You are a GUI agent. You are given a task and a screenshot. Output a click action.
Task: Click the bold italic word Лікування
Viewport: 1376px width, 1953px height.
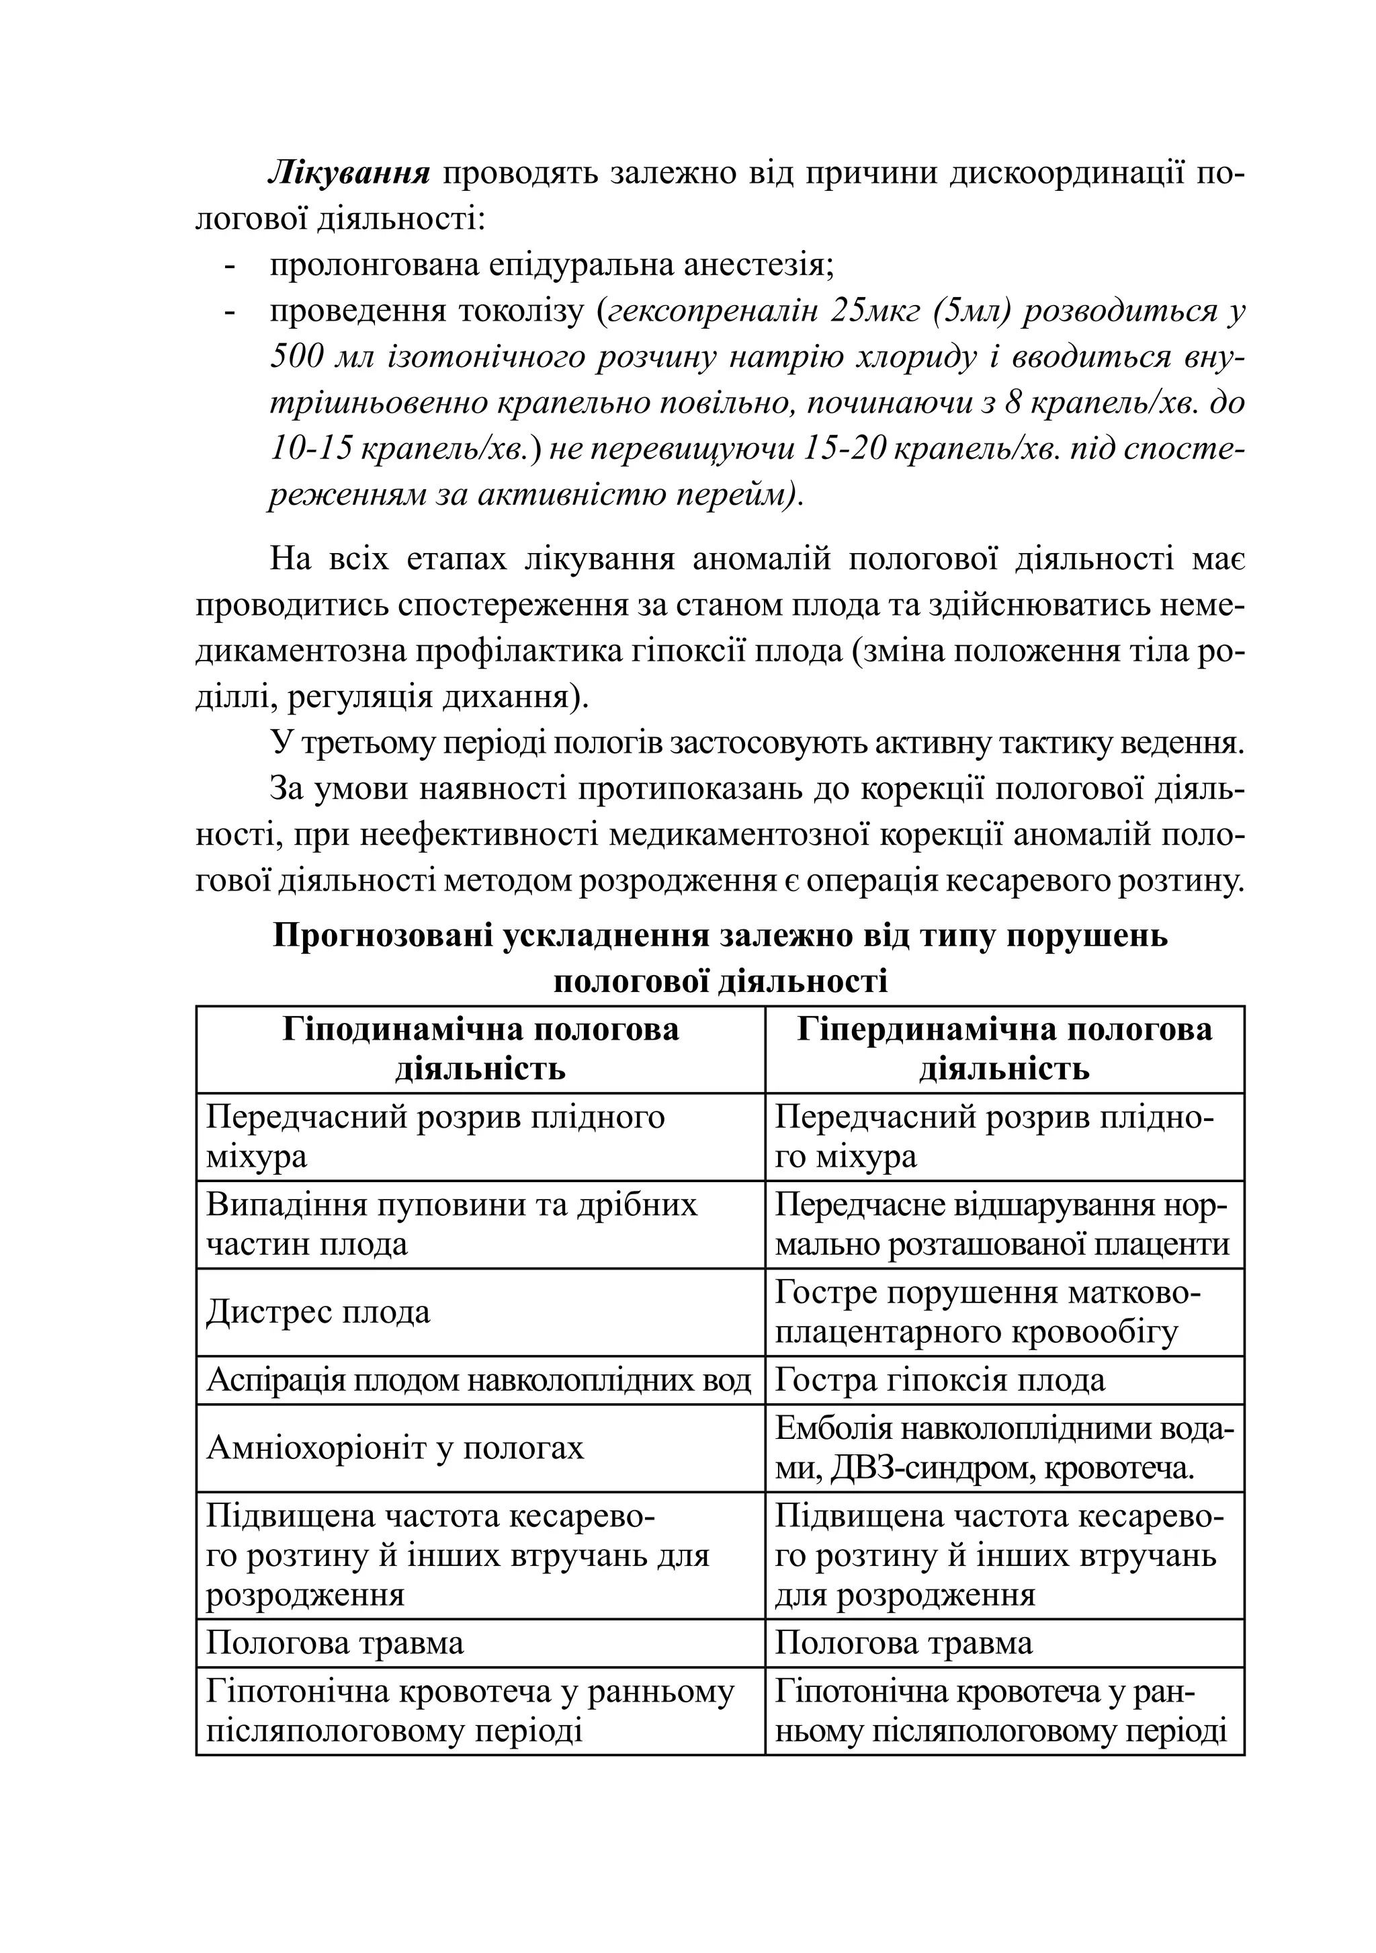coord(348,173)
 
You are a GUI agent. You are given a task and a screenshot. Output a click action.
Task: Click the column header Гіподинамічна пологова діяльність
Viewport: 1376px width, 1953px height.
coord(480,1049)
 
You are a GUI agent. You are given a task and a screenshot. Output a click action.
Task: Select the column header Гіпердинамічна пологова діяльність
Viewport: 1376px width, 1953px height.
coord(1004,1049)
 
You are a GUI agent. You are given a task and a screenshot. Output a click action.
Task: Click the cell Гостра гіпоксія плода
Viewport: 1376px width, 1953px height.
coord(940,1380)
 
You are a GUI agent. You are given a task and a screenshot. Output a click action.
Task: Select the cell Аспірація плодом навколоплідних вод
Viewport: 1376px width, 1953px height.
coord(479,1380)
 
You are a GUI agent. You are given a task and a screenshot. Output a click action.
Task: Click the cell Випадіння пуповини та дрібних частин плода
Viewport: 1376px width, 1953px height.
coord(451,1225)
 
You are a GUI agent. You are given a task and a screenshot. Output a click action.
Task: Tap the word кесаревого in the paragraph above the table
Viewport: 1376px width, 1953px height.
coord(1021,881)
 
